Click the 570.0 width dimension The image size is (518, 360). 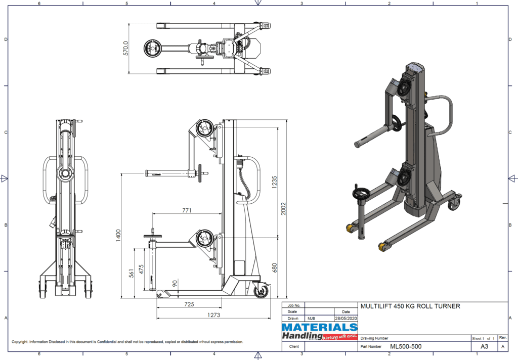[126, 49]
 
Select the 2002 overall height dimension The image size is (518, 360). [284, 209]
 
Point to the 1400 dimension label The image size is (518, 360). [119, 234]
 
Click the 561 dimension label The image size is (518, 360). [131, 273]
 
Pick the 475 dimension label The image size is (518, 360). [142, 269]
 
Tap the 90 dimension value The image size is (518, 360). [176, 284]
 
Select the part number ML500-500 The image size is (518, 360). [406, 346]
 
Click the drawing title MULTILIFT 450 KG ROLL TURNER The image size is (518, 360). [410, 306]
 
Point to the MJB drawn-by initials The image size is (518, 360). [312, 319]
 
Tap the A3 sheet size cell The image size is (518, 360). [484, 347]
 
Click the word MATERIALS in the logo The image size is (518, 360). [319, 328]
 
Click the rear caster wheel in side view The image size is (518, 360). [263, 291]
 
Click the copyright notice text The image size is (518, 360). [127, 342]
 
